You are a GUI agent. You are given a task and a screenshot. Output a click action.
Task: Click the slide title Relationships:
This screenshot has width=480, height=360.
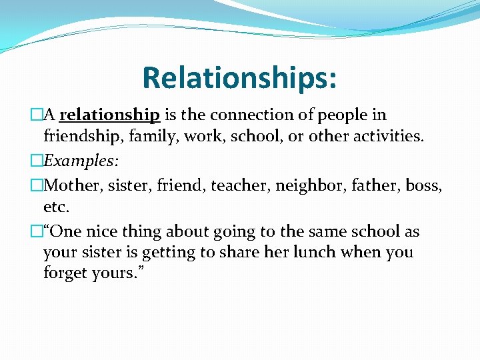point(239,77)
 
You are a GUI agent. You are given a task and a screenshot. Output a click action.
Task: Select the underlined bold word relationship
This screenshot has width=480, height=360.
point(109,115)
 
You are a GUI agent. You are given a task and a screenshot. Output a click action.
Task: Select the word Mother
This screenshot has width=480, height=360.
point(71,185)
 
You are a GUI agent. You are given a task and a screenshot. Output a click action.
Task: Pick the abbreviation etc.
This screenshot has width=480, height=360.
point(56,207)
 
